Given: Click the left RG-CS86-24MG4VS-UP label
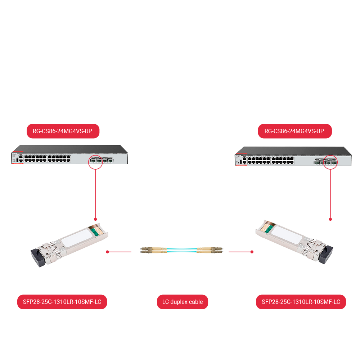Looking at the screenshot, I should [x=63, y=131].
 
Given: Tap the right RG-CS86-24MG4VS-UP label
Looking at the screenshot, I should [x=294, y=131].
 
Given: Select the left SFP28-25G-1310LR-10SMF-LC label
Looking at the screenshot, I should [x=62, y=302].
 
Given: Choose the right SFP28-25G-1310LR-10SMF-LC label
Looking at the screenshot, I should [x=301, y=302].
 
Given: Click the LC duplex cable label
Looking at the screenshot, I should [x=183, y=302].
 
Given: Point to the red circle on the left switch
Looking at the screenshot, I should [x=95, y=162].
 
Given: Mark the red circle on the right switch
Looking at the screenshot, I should [x=330, y=162].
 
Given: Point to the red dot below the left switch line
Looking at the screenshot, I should [x=95, y=219].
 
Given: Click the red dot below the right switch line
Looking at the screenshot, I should [x=330, y=219].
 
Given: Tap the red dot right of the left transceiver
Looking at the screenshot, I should [x=107, y=252].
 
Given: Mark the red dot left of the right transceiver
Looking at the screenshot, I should [x=252, y=252].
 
